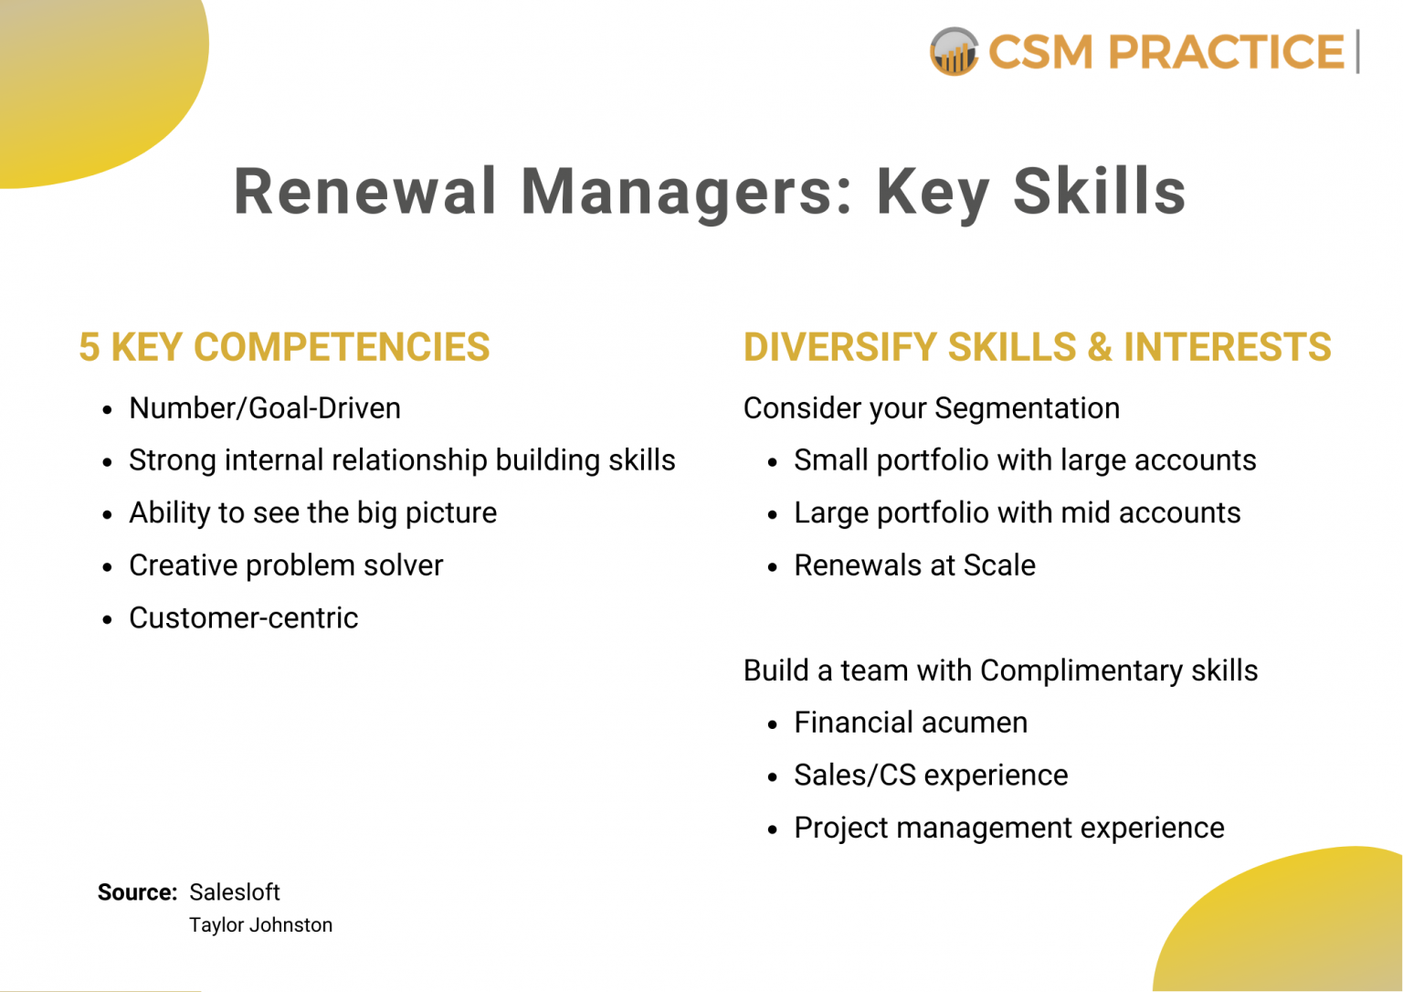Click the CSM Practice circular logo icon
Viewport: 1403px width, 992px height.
tap(954, 51)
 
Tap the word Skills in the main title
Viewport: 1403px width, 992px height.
tap(1100, 192)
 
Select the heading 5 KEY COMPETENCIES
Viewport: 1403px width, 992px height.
tap(284, 347)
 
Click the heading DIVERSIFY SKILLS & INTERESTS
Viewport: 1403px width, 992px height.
tap(1037, 347)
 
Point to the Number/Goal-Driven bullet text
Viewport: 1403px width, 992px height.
tap(265, 408)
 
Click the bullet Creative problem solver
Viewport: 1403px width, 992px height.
tap(286, 565)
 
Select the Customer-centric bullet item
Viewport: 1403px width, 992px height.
tap(243, 618)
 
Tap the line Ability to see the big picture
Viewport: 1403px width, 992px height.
tap(312, 513)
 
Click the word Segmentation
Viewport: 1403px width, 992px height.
tap(1027, 408)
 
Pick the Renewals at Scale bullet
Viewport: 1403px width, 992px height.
tap(914, 565)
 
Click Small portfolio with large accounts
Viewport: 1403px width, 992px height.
tap(1025, 460)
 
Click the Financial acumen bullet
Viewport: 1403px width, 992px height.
tap(911, 723)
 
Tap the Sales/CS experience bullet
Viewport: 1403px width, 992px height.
tap(931, 776)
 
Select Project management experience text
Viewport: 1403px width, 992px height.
tap(1008, 828)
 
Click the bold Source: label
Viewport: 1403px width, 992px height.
tap(137, 892)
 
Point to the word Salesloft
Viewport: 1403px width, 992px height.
tap(235, 892)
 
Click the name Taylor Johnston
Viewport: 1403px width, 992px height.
tap(260, 925)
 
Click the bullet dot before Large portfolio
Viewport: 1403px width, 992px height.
tap(773, 515)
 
